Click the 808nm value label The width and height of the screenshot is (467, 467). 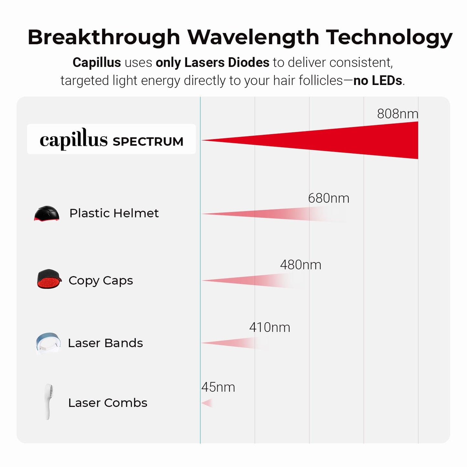coord(397,114)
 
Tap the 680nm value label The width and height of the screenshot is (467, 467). coord(328,198)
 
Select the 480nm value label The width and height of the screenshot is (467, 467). coord(301,265)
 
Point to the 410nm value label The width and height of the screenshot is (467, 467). coord(270,327)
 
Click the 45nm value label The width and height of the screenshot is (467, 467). coord(218,387)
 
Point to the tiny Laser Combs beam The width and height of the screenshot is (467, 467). coord(208,403)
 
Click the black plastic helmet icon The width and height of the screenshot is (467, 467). coord(47,214)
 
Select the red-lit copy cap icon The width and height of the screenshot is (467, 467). coord(49,279)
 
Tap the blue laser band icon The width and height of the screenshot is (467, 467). coord(48,343)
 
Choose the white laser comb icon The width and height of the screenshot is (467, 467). coord(48,401)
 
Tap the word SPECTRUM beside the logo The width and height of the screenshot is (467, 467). coord(148,142)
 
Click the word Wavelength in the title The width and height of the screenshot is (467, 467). coord(253,37)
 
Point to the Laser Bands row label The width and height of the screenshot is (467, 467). coord(105,343)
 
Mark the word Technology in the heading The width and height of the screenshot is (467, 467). coord(389,37)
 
